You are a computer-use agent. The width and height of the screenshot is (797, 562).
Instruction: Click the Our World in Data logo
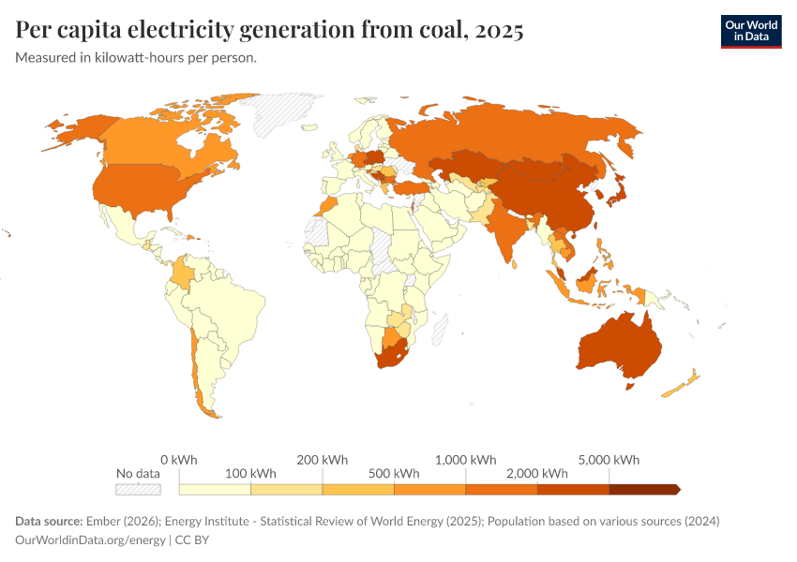(750, 31)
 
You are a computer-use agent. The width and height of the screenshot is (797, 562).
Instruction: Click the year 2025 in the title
(499, 30)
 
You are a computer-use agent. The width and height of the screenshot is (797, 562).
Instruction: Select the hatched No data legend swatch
(138, 489)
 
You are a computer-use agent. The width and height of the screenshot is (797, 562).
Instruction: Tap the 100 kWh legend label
(250, 473)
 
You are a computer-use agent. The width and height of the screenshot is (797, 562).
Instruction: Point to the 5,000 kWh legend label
(609, 460)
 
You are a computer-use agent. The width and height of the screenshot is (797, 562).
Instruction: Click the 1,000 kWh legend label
(466, 460)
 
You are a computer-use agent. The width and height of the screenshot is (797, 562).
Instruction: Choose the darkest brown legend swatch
(643, 489)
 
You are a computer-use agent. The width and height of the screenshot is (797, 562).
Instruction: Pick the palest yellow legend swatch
(215, 489)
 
